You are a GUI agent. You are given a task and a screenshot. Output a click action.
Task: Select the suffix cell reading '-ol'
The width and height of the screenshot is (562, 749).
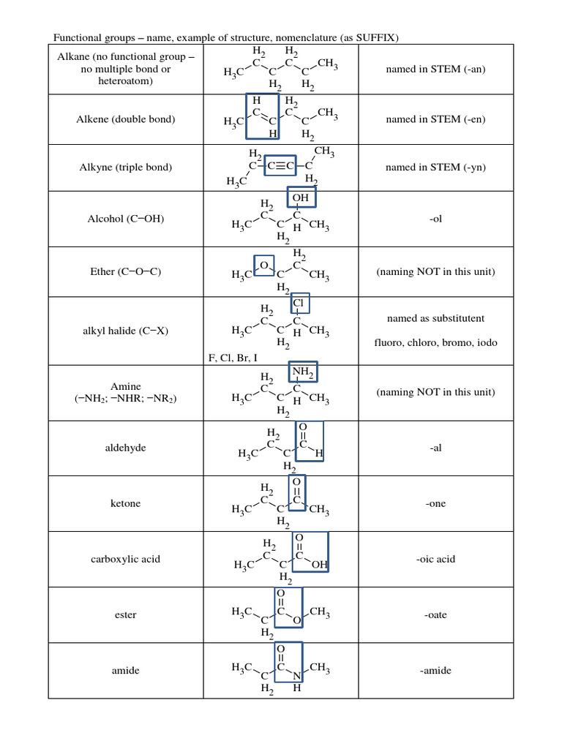436,219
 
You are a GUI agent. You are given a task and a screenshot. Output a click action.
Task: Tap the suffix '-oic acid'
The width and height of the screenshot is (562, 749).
435,559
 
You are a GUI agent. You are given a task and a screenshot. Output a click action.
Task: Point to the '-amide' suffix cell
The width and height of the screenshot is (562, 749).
435,671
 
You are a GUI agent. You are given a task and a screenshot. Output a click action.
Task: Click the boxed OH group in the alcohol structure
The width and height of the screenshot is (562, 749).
301,198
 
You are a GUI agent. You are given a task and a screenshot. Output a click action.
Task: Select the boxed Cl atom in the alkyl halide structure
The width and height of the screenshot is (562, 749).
299,304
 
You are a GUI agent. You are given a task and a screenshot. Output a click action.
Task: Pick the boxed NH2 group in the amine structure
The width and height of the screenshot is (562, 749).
302,373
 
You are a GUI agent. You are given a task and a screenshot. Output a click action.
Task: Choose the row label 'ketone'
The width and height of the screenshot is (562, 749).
125,504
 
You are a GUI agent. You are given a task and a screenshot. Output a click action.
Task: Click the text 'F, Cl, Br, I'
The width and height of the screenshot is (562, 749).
233,358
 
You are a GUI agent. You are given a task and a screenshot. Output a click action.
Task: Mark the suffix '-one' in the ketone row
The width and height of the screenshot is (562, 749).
435,504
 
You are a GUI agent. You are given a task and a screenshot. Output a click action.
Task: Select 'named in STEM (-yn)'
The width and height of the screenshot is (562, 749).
435,168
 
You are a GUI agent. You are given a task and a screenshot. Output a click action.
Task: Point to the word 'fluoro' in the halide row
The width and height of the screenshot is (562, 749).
389,342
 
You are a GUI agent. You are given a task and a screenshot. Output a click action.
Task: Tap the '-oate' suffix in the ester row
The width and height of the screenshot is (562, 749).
435,615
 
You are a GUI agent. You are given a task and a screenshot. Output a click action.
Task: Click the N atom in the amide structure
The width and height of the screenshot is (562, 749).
297,677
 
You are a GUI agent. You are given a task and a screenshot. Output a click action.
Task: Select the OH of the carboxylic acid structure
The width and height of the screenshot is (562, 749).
319,565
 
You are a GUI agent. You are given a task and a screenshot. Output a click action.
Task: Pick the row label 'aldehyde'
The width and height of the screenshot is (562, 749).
125,448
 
